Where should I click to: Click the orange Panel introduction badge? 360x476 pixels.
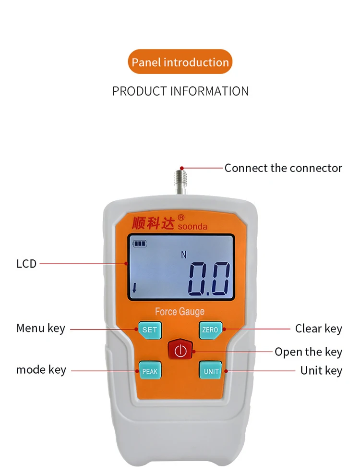point(180,62)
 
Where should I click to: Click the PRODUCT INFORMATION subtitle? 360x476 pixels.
point(180,91)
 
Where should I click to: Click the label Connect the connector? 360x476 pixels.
point(283,168)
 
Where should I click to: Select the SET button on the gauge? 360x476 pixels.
point(150,330)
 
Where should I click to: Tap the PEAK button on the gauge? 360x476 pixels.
point(149,371)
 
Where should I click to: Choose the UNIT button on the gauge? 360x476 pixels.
point(211,371)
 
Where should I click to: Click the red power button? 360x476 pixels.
point(180,351)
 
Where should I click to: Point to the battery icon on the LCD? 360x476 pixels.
point(140,244)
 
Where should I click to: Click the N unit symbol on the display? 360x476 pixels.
point(183,255)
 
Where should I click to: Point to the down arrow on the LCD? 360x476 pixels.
point(134,288)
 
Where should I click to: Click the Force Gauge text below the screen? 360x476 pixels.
point(180,312)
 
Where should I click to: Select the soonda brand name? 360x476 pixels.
point(192,226)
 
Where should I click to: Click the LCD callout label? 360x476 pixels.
point(26,264)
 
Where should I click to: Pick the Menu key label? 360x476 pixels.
point(41,329)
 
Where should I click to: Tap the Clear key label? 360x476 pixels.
point(318,329)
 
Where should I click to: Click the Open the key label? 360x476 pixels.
point(308,352)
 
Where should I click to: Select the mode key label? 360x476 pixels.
point(41,370)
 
